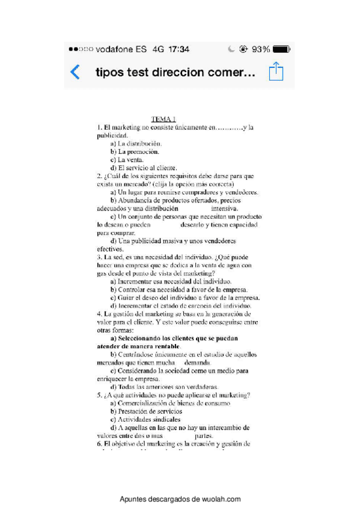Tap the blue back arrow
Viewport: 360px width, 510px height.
coord(75,73)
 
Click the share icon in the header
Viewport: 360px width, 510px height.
coord(276,72)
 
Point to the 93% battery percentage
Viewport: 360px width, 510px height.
coord(261,49)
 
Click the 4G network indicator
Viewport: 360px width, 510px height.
coord(158,49)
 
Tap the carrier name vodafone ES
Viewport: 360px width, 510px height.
coord(121,49)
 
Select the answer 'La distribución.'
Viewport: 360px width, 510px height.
coord(136,144)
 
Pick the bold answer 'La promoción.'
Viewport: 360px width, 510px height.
coord(134,152)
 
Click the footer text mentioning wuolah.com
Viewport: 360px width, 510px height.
coord(180,499)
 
